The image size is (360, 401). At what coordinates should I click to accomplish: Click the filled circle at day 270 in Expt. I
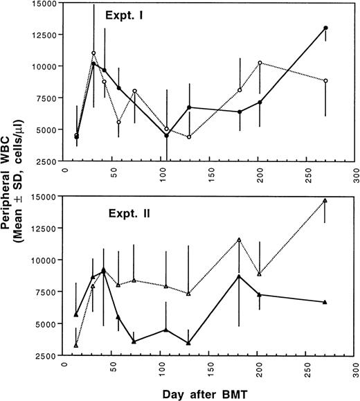pyautogui.click(x=326, y=28)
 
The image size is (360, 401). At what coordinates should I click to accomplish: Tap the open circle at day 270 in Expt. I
pyautogui.click(x=326, y=81)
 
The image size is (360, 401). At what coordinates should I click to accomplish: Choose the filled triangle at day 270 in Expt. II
pyautogui.click(x=326, y=303)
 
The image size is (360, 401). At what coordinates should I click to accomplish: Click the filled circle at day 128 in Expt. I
pyautogui.click(x=189, y=107)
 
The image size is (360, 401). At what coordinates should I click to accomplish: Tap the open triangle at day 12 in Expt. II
pyautogui.click(x=76, y=345)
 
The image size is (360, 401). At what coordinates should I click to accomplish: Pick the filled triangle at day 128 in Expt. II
pyautogui.click(x=189, y=343)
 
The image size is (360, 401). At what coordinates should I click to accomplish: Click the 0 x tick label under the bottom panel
pyautogui.click(x=65, y=365)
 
